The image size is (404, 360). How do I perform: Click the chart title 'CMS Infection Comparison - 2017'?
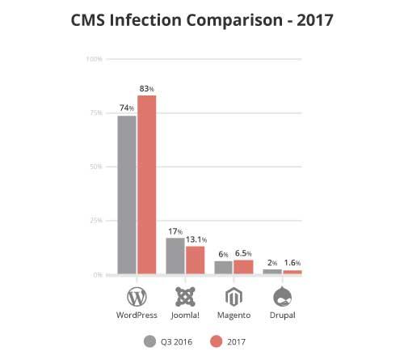pyautogui.click(x=202, y=19)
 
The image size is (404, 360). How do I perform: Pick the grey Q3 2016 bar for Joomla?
pyautogui.click(x=175, y=256)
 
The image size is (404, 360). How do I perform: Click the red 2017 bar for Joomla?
pyautogui.click(x=195, y=260)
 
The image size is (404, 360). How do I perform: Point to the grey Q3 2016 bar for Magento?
pyautogui.click(x=224, y=267)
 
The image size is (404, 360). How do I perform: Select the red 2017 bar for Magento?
pyautogui.click(x=243, y=266)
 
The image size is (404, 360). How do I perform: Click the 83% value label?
pyautogui.click(x=146, y=88)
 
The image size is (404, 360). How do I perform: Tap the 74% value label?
pyautogui.click(x=127, y=108)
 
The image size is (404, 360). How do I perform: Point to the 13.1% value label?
pyautogui.click(x=196, y=239)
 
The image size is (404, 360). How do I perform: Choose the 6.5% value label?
pyautogui.click(x=245, y=253)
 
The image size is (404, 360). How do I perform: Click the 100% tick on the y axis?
pyautogui.click(x=94, y=59)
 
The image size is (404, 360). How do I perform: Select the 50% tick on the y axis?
pyautogui.click(x=95, y=167)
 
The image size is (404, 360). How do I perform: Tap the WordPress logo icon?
pyautogui.click(x=137, y=294)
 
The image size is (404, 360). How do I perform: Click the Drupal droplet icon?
pyautogui.click(x=282, y=294)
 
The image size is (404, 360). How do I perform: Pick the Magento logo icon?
pyautogui.click(x=234, y=294)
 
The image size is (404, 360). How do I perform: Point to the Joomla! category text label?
pyautogui.click(x=185, y=314)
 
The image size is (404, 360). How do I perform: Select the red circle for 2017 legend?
pyautogui.click(x=216, y=341)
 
